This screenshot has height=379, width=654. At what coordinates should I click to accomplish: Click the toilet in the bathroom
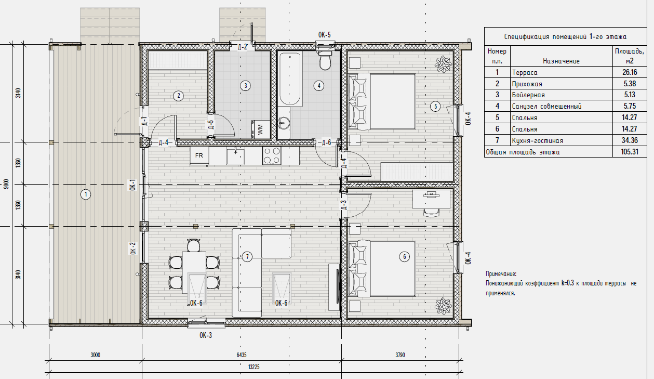coord(325,60)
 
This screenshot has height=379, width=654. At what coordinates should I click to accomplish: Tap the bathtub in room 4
coord(290,79)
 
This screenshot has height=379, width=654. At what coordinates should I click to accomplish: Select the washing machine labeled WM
coord(260,129)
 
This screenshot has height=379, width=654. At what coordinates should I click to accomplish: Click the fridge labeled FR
coord(199,155)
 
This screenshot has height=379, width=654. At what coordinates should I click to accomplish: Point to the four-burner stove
coord(272,155)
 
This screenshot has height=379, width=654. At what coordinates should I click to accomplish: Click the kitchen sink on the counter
coord(236,156)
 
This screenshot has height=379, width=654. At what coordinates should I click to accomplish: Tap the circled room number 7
coord(247,256)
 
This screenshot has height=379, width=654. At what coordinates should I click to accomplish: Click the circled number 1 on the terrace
coord(86,194)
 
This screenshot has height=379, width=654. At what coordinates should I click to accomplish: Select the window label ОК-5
coord(324,35)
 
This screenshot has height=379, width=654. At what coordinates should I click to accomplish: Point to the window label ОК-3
coord(206,335)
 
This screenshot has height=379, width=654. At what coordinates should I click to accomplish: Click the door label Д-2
coord(242,47)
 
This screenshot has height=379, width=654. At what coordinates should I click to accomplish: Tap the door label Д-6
coord(326,142)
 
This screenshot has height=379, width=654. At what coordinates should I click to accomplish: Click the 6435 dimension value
coord(242,355)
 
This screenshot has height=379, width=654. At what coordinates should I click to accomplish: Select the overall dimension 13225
coord(253,367)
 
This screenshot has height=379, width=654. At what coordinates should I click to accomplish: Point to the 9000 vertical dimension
coord(6,184)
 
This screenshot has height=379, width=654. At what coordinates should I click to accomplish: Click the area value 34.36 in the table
coord(630,140)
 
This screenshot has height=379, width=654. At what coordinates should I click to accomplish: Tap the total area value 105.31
coord(630,152)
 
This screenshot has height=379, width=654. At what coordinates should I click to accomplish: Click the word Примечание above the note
coord(501,274)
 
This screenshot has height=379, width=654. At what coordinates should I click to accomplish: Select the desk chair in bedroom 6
coord(432,213)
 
